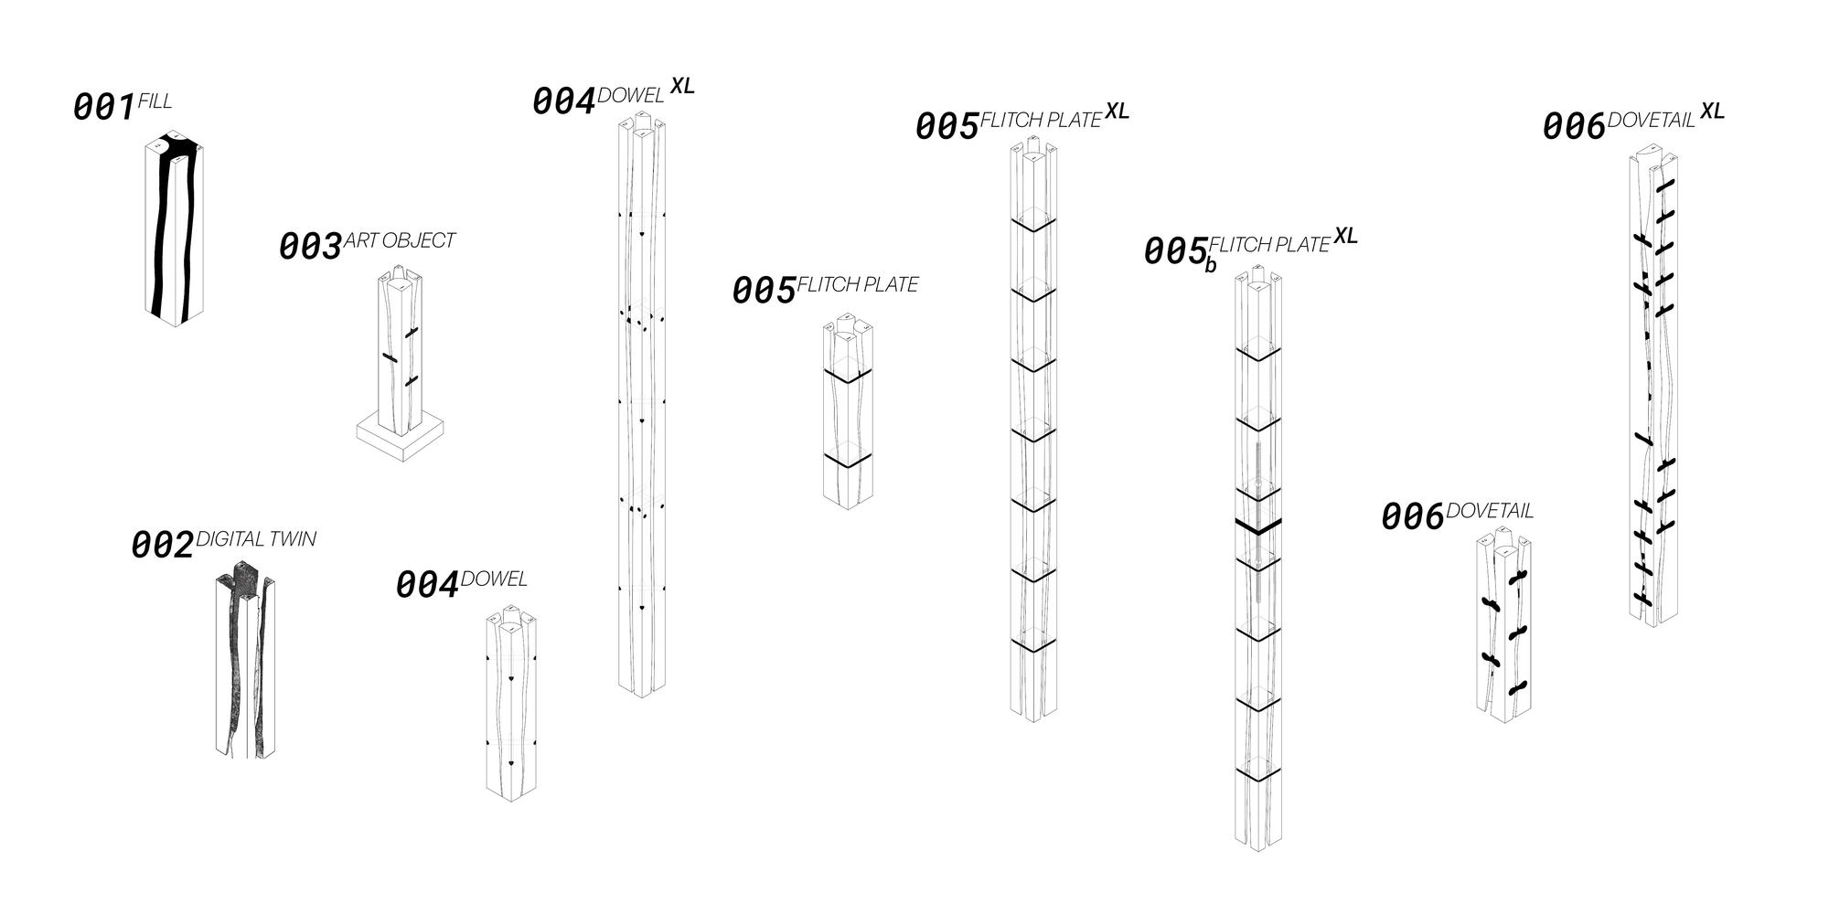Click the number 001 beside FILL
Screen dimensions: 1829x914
pyautogui.click(x=104, y=108)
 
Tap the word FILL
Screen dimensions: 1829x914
pyautogui.click(x=155, y=101)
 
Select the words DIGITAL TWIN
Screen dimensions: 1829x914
pyautogui.click(x=256, y=539)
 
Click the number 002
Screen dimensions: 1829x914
pyautogui.click(x=163, y=546)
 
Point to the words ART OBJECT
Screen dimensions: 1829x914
pyautogui.click(x=400, y=240)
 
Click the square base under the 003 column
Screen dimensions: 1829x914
pyautogui.click(x=401, y=440)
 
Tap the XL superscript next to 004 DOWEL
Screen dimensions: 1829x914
pyautogui.click(x=682, y=86)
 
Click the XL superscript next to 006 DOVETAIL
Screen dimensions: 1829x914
pyautogui.click(x=1712, y=112)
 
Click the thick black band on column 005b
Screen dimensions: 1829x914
pyautogui.click(x=1257, y=526)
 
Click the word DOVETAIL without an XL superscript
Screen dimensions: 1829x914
pyautogui.click(x=1490, y=511)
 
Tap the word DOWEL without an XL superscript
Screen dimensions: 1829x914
pyautogui.click(x=494, y=579)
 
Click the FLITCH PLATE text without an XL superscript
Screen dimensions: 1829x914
pyautogui.click(x=858, y=285)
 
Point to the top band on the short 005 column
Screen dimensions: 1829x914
pyautogui.click(x=848, y=375)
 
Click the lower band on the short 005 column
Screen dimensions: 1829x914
pyautogui.click(x=848, y=461)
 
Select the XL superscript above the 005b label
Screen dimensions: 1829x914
pyautogui.click(x=1345, y=236)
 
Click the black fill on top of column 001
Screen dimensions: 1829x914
pyautogui.click(x=176, y=146)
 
